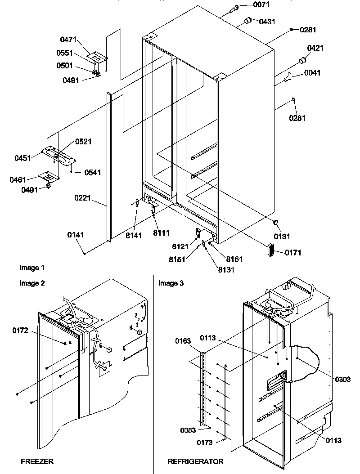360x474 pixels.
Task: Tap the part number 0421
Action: (x=315, y=48)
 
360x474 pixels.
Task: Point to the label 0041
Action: (x=312, y=73)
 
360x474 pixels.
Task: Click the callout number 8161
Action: (x=234, y=259)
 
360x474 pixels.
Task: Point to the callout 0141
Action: (x=76, y=235)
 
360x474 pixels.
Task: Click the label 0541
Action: (x=93, y=172)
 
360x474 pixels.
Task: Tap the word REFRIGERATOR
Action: (x=195, y=461)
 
